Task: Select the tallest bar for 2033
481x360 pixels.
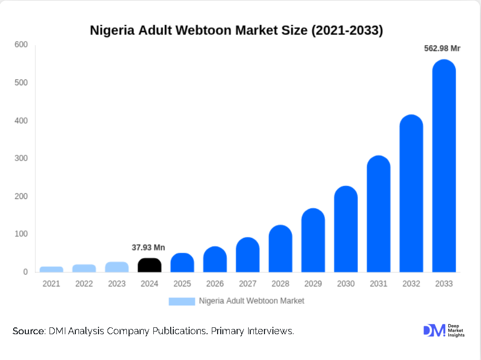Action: pos(444,168)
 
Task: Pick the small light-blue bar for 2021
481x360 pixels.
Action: pos(52,269)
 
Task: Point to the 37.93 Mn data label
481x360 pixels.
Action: pos(148,247)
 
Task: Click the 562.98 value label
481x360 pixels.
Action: pos(442,49)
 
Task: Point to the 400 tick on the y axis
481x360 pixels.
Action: pos(21,121)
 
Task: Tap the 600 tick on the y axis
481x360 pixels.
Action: pos(21,45)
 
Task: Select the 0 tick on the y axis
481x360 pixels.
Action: pos(25,272)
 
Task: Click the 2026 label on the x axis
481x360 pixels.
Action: pos(215,284)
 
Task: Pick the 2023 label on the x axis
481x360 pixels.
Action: pos(117,284)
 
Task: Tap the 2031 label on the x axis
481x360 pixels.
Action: pos(378,284)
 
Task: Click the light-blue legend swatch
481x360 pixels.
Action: pos(181,301)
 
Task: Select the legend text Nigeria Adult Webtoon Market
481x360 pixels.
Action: pos(251,301)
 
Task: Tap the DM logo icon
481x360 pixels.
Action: pos(434,331)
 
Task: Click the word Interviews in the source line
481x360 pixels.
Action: pos(270,331)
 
